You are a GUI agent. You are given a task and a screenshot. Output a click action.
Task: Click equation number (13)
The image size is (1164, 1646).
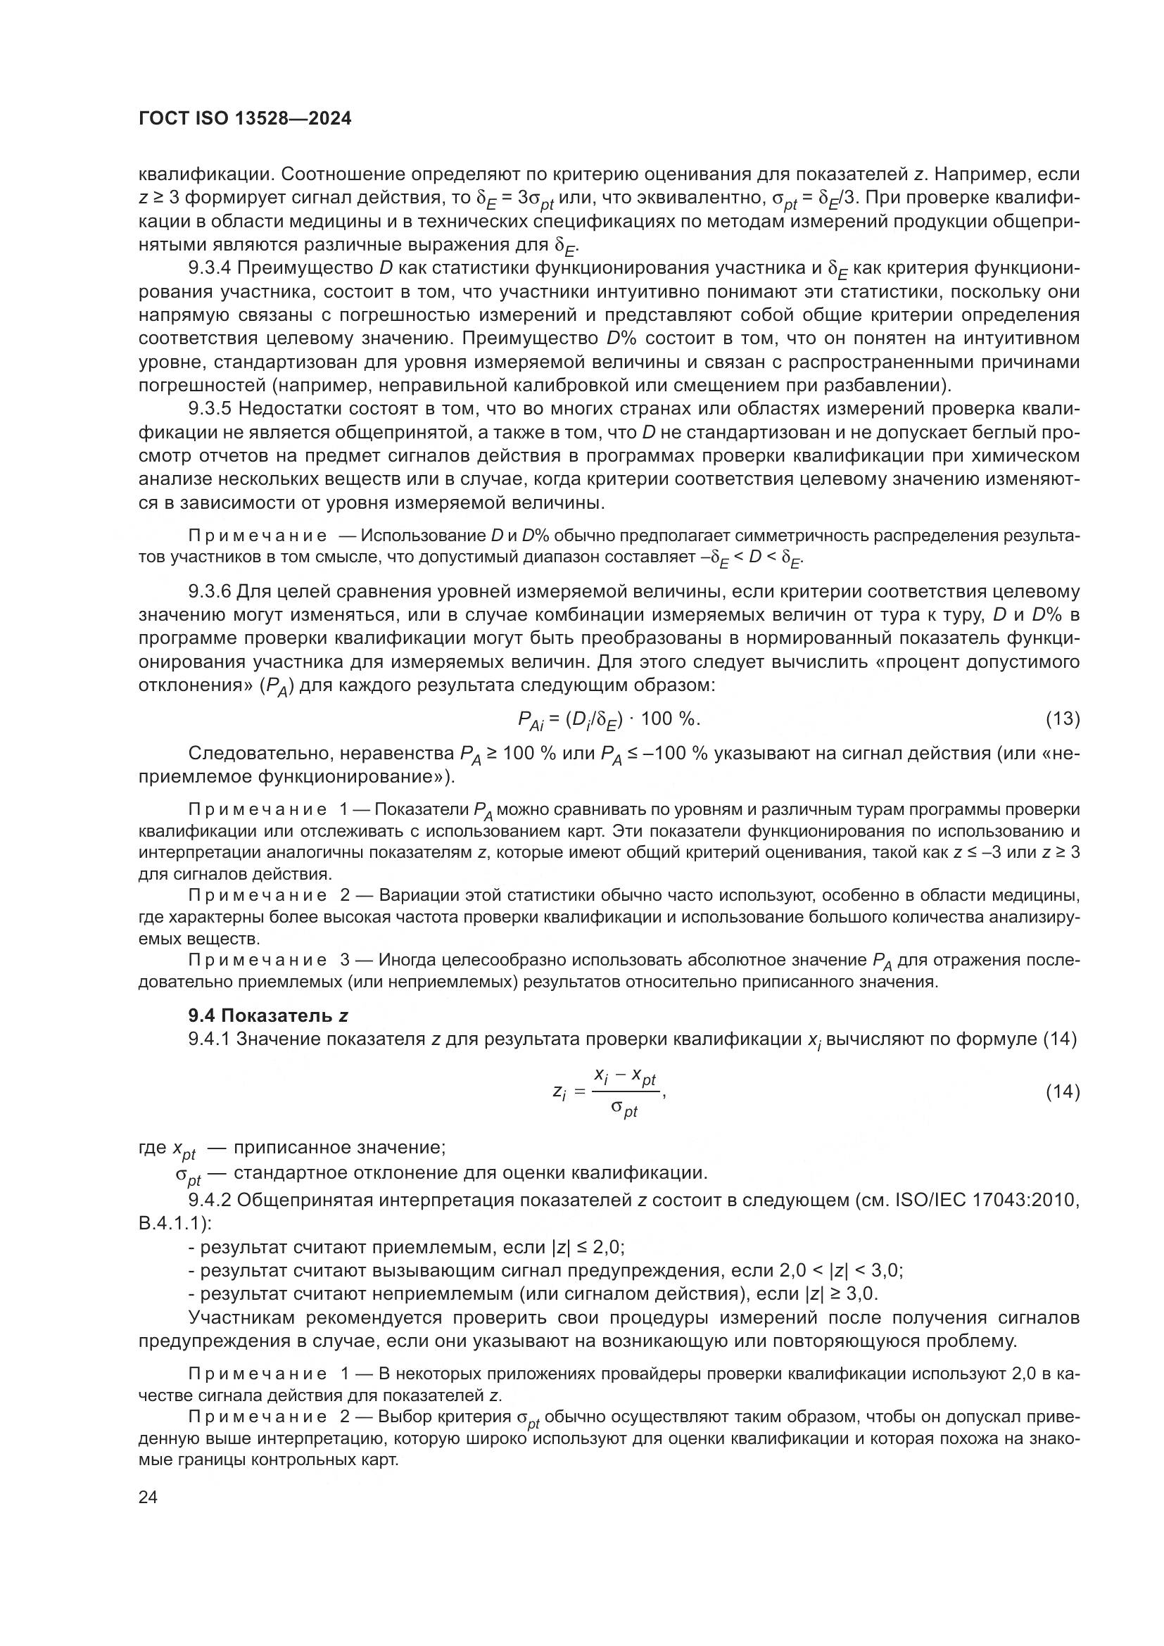(x=1062, y=719)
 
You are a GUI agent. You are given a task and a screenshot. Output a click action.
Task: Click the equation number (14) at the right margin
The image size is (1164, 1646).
(x=1062, y=1091)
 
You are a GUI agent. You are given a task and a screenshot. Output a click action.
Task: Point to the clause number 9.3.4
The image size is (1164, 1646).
(x=209, y=268)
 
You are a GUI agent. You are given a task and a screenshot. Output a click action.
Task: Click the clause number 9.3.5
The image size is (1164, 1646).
(x=209, y=410)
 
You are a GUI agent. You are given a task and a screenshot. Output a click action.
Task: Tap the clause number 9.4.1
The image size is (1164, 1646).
(x=209, y=1039)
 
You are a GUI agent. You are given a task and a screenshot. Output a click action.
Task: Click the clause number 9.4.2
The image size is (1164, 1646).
(x=209, y=1200)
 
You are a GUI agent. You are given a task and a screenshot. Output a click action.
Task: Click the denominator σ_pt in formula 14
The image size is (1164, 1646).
(x=624, y=1110)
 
